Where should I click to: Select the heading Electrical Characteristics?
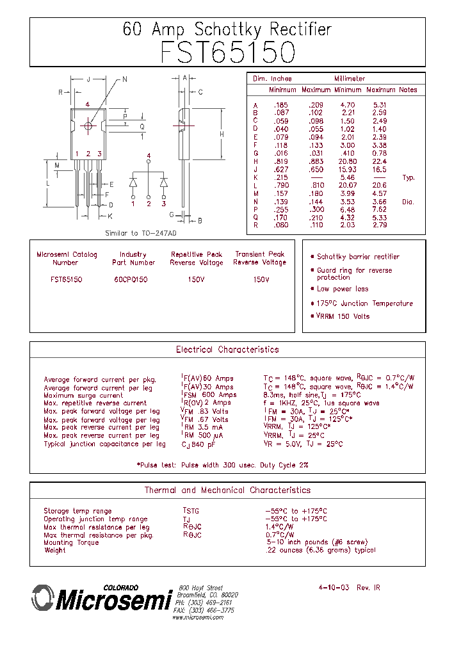pyautogui.click(x=227, y=350)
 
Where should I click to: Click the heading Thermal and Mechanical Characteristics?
pyautogui.click(x=227, y=490)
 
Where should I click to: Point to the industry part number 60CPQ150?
pyautogui.click(x=133, y=280)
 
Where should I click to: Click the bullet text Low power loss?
pyautogui.click(x=343, y=289)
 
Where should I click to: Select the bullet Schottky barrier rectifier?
pyautogui.click(x=358, y=257)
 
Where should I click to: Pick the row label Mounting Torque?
pyautogui.click(x=71, y=542)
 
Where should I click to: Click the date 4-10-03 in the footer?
pyautogui.click(x=334, y=587)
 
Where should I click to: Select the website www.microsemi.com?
pyautogui.click(x=198, y=617)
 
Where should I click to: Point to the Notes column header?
pyautogui.click(x=407, y=90)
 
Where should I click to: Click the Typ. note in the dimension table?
pyautogui.click(x=408, y=177)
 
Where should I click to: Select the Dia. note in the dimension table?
pyautogui.click(x=408, y=202)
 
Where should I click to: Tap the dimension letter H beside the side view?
pyautogui.click(x=222, y=134)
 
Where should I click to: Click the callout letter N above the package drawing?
pyautogui.click(x=125, y=79)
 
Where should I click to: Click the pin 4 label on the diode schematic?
pyautogui.click(x=149, y=156)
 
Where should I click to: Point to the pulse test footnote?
pyautogui.click(x=222, y=465)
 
